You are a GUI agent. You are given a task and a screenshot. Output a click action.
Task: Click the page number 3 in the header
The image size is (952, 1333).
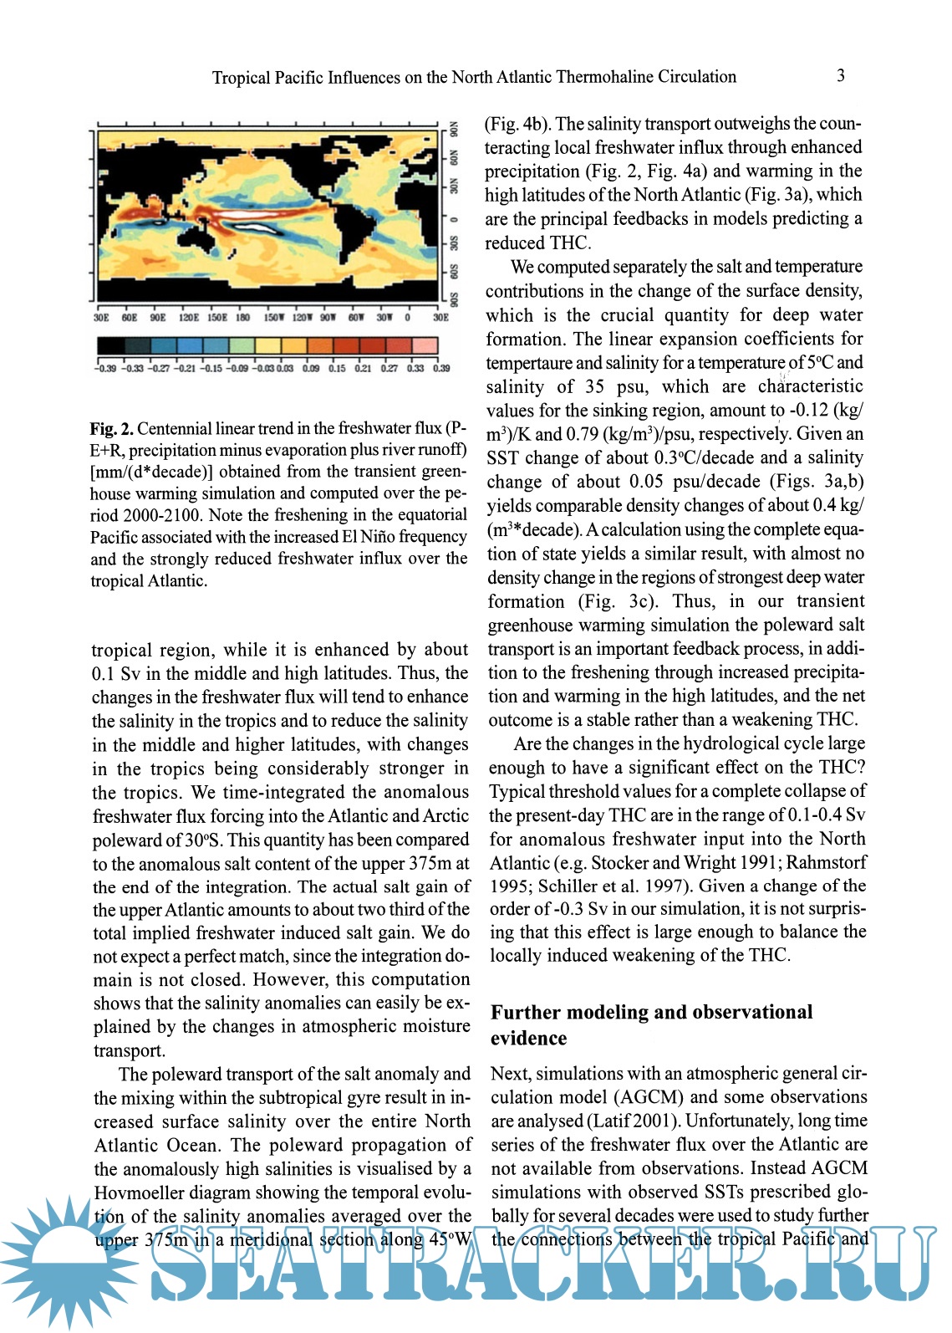tap(840, 76)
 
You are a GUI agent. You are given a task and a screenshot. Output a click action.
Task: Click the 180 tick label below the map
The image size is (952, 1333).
tap(242, 318)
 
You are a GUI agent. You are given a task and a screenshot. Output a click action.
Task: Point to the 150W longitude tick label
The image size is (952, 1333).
tap(274, 318)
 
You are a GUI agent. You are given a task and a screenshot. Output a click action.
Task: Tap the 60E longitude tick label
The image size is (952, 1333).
tap(130, 318)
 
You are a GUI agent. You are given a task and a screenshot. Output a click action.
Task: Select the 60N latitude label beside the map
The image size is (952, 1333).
tap(456, 157)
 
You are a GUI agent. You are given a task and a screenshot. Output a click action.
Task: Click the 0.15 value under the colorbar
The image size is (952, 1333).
tap(337, 368)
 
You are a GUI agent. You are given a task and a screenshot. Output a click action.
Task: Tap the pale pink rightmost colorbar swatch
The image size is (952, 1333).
tap(425, 345)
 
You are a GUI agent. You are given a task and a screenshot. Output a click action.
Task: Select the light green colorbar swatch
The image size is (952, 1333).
tap(242, 345)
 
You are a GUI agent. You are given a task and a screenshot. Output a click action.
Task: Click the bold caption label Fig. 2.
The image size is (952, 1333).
tap(111, 429)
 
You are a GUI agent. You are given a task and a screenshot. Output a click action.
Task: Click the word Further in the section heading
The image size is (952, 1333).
tap(526, 1012)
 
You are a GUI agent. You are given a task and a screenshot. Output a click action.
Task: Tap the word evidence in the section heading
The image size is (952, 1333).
tap(528, 1038)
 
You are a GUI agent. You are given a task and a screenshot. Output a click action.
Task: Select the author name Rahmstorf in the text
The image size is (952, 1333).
tap(826, 862)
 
